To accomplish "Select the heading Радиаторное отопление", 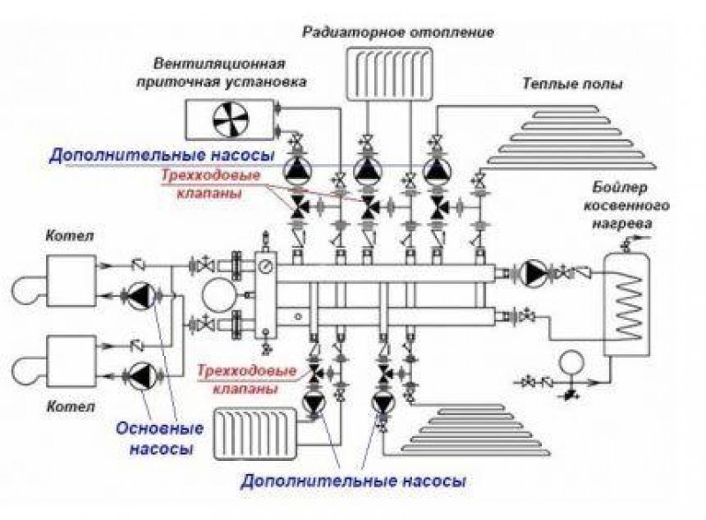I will tap(397, 33).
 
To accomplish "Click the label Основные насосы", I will tap(159, 438).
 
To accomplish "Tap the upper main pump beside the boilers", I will tap(139, 296).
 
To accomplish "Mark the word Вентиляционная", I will tap(218, 66).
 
